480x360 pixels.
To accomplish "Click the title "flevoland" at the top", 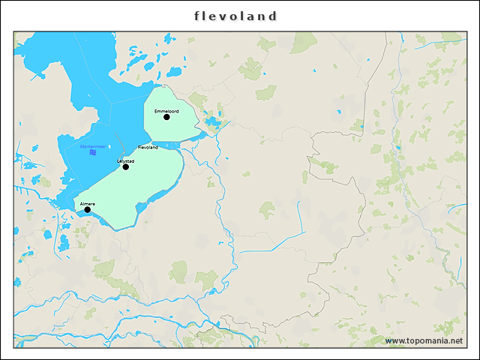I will point(235,16).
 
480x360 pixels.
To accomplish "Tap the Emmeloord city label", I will point(165,111).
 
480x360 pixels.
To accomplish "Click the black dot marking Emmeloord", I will point(166,117).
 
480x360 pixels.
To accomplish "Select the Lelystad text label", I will point(125,160).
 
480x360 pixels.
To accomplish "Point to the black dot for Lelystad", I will point(125,166).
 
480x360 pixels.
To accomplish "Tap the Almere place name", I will point(87,203).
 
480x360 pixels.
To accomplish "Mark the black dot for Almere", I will point(87,210).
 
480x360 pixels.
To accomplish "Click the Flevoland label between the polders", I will point(148,148).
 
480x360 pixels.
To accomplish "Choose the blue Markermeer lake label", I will point(92,146).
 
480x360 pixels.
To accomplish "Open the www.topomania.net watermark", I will point(424,340).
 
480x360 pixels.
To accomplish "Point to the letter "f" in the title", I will point(197,16).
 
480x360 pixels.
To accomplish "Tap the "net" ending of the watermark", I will point(455,340).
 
